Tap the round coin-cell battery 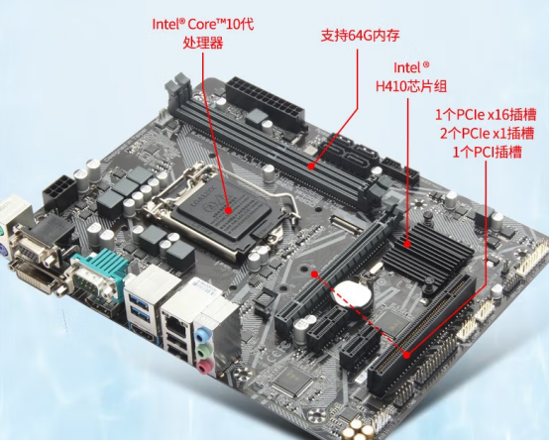pyautogui.click(x=350, y=294)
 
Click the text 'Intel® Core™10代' pyautogui.click(x=202, y=23)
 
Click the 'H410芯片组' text pyautogui.click(x=426, y=86)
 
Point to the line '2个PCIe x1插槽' pyautogui.click(x=489, y=133)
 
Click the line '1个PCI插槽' pyautogui.click(x=490, y=151)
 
